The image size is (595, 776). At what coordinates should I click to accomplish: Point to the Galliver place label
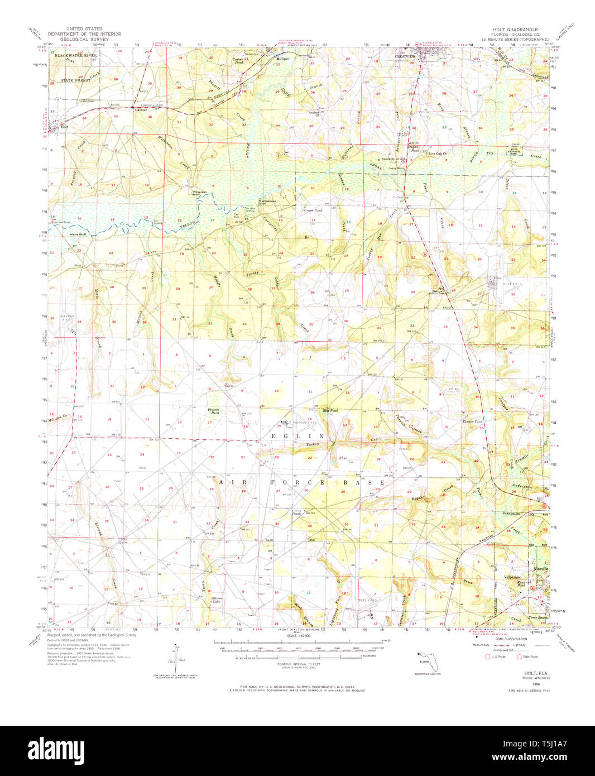141,110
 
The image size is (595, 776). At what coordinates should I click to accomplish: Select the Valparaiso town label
513,576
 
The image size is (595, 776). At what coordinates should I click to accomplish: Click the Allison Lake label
217,600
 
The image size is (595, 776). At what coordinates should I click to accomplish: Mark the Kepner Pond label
472,421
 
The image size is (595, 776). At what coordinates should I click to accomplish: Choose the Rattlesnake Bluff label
266,202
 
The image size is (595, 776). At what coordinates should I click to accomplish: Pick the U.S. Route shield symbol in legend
488,657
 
